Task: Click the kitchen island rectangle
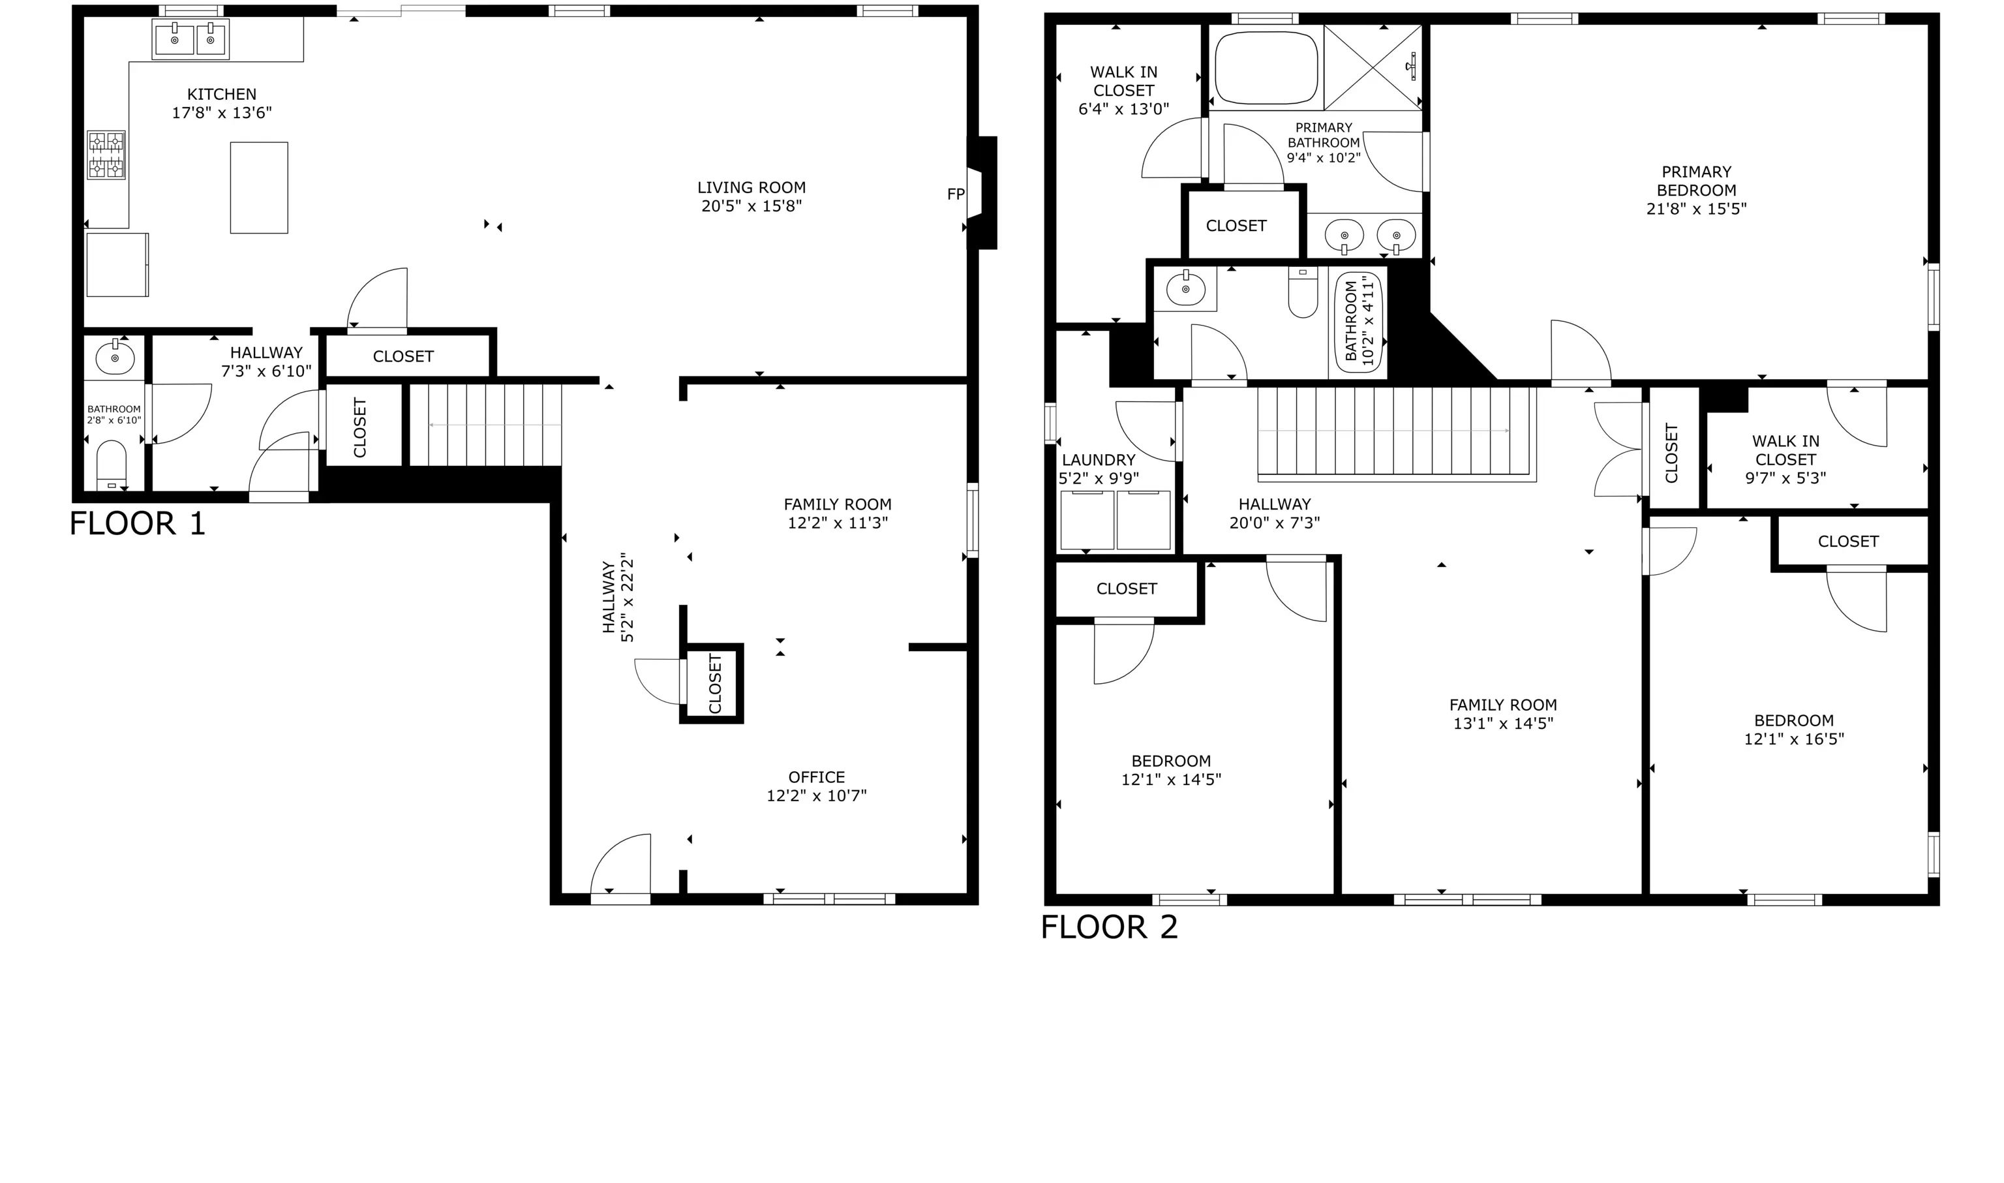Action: click(259, 187)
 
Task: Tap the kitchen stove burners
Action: click(106, 155)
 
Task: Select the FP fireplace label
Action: click(956, 194)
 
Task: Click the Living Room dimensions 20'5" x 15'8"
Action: click(751, 206)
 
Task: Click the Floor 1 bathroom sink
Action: click(115, 357)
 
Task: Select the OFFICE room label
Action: click(817, 777)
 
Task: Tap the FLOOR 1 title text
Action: click(138, 524)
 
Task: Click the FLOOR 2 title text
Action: click(1109, 927)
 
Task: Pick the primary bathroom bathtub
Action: click(1266, 68)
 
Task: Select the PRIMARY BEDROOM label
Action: click(1697, 181)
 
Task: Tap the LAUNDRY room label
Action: click(1098, 460)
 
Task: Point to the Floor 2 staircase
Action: click(1397, 434)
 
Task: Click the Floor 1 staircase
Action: click(486, 425)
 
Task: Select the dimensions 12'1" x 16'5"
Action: click(1794, 739)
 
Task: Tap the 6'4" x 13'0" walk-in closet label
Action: click(1123, 90)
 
